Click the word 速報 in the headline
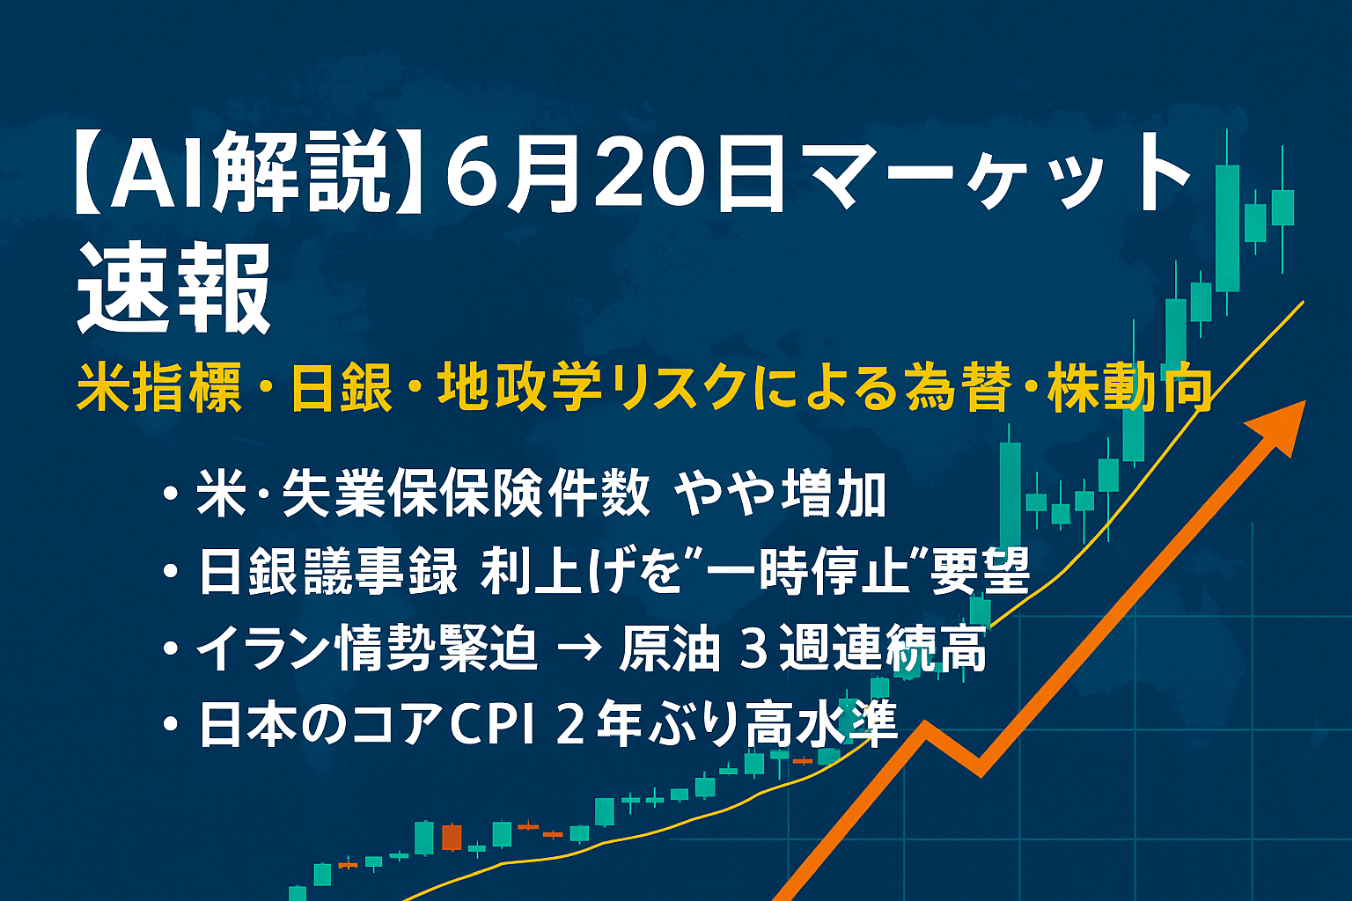173,288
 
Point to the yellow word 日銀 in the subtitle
341,387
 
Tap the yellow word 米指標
158,387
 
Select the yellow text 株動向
1129,387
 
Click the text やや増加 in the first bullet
779,494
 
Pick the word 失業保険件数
466,494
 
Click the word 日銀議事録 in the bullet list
328,571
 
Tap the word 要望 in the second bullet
979,571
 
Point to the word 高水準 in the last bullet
821,723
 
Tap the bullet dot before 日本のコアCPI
171,725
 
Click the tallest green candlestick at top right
1226,228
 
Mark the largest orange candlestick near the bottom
452,837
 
